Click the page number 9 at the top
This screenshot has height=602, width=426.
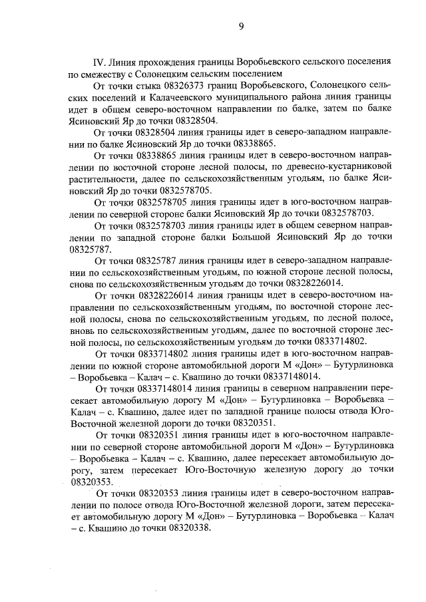coord(241,26)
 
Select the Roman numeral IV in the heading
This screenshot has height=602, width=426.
coord(102,61)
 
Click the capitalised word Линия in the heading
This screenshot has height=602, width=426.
coord(128,61)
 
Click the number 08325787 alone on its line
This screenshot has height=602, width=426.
coord(91,250)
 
